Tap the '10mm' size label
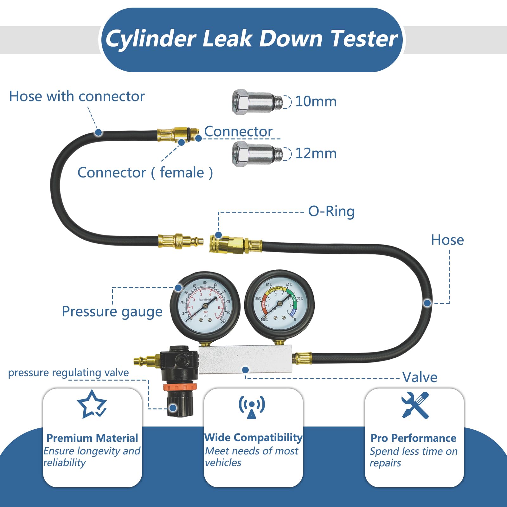click(x=316, y=101)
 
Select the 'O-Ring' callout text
click(x=331, y=211)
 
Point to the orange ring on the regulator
click(x=180, y=387)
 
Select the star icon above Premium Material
click(x=92, y=405)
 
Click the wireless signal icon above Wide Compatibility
click(x=252, y=407)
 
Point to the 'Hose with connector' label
click(x=77, y=96)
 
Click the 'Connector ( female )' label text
click(x=145, y=173)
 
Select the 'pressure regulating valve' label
click(x=68, y=373)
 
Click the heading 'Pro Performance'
click(x=414, y=438)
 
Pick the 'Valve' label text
click(x=420, y=377)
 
